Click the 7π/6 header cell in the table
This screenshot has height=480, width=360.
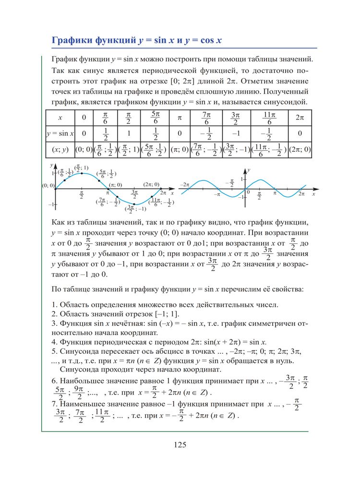pyautogui.click(x=206, y=118)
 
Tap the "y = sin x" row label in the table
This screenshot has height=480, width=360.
pyautogui.click(x=60, y=133)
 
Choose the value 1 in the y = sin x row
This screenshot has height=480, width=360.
pyautogui.click(x=128, y=133)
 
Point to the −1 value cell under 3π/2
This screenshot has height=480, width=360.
pyautogui.click(x=235, y=133)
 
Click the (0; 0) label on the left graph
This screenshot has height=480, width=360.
pyautogui.click(x=48, y=185)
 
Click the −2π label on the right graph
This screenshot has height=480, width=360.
pyautogui.click(x=185, y=184)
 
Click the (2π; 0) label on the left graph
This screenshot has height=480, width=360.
pyautogui.click(x=151, y=184)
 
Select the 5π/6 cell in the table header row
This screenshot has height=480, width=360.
pyautogui.click(x=155, y=118)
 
